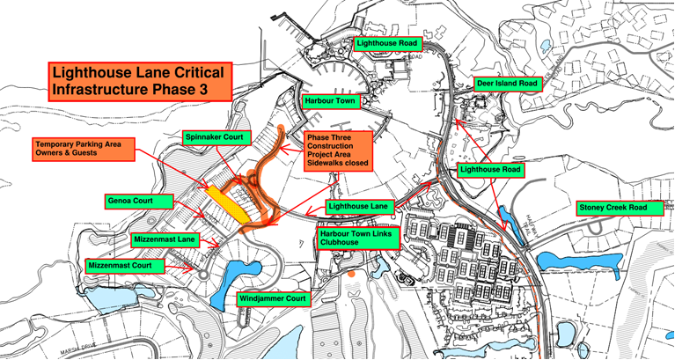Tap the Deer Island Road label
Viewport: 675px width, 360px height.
(508, 84)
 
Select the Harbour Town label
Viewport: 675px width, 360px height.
(327, 101)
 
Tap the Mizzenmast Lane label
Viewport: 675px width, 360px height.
(165, 239)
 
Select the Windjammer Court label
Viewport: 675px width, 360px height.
(273, 299)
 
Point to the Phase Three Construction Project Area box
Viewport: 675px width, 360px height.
(338, 151)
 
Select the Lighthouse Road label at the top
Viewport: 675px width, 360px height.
(386, 42)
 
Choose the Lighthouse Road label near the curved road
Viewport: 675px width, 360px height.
(490, 166)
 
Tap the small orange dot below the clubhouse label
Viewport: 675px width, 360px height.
(350, 275)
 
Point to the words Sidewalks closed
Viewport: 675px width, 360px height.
(338, 164)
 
